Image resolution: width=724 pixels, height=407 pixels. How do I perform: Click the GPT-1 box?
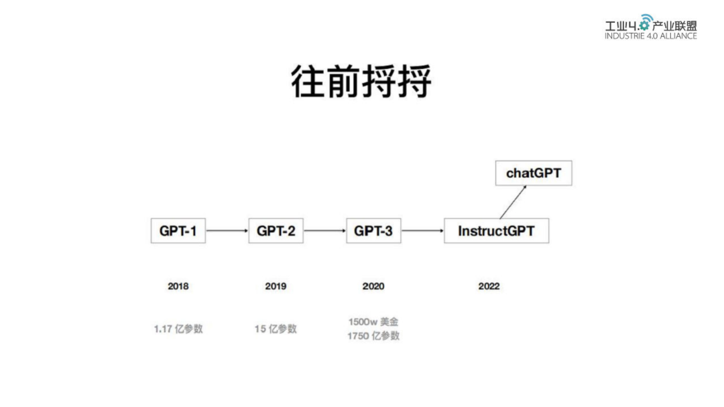click(178, 231)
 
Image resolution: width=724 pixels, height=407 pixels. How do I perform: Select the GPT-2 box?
click(276, 231)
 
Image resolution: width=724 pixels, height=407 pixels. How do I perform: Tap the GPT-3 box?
click(373, 231)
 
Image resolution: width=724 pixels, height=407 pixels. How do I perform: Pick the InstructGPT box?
click(496, 231)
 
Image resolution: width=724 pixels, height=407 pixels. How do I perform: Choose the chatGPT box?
click(534, 173)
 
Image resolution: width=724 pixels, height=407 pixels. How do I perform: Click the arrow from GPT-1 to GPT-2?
click(227, 231)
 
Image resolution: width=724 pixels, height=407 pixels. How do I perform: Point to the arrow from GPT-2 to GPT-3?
click(324, 231)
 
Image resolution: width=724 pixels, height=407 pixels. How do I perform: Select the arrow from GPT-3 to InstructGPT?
click(422, 231)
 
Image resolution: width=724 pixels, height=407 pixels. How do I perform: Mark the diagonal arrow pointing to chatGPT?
click(513, 202)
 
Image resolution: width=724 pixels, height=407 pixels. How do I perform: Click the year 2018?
click(178, 287)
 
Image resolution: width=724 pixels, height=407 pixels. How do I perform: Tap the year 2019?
click(276, 287)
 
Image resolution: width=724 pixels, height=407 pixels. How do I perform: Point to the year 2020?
click(373, 287)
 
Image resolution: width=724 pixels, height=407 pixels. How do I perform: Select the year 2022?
click(489, 287)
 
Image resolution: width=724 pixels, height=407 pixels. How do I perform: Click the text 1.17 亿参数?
click(178, 329)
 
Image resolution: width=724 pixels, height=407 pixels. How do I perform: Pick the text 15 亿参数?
click(276, 329)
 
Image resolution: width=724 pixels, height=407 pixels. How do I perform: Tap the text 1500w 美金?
click(373, 322)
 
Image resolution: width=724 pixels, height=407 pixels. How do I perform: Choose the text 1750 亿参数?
click(373, 336)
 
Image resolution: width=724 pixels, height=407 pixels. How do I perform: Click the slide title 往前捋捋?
click(361, 82)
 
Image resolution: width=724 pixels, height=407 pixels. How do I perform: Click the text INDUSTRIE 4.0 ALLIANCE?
click(650, 36)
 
